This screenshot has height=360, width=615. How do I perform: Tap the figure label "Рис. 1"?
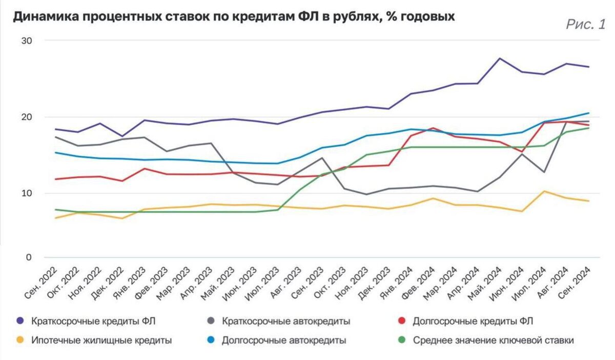(x=586, y=24)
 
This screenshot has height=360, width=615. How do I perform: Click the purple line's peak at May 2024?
(x=499, y=58)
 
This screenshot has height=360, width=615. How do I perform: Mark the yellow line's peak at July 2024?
(x=544, y=191)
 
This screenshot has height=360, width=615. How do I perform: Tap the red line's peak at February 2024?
(x=432, y=128)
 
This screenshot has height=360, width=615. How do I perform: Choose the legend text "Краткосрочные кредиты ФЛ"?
(x=93, y=322)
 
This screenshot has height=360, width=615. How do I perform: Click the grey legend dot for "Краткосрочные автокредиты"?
(x=210, y=322)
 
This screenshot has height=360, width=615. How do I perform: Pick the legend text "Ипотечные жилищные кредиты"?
(x=101, y=340)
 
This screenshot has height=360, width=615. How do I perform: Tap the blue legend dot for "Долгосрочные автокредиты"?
(x=210, y=340)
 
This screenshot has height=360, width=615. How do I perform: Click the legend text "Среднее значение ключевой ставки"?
(x=493, y=340)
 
